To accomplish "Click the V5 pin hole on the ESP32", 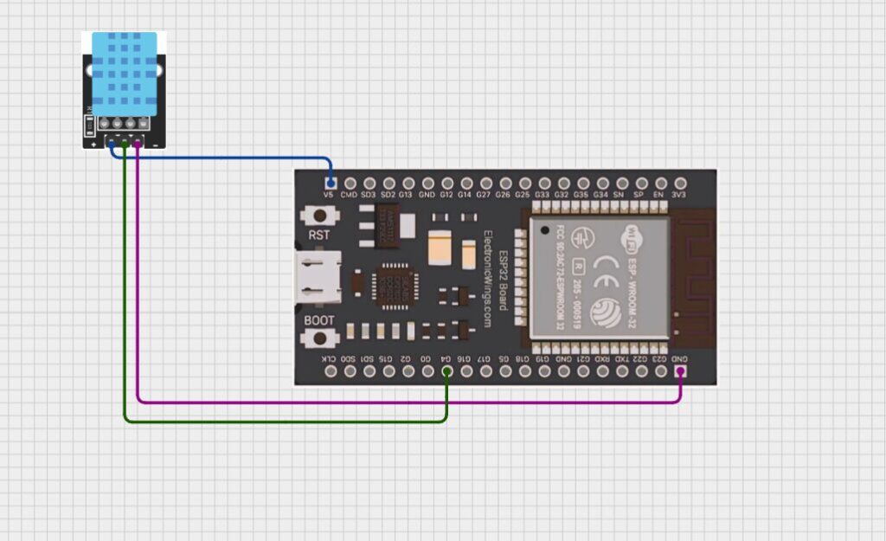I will pos(331,184).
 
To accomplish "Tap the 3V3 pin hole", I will pos(680,184).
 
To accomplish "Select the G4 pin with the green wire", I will pos(446,371).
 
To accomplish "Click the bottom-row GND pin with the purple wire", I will pos(680,371).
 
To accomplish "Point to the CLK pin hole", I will pos(331,371).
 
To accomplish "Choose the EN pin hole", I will pos(660,184).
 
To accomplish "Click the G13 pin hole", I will pos(408,184).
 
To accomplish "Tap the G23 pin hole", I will pos(660,371).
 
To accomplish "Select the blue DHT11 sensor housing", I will pos(125,74).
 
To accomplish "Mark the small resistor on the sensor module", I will pos(89,126).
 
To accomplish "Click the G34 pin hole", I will pos(601,184).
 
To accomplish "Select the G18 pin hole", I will pos(523,371).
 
